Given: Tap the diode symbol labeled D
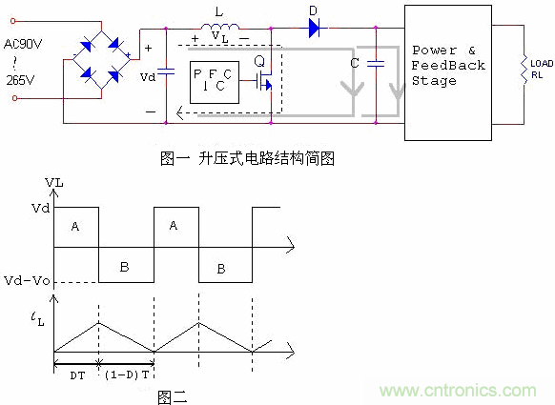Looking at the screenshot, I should (314, 29).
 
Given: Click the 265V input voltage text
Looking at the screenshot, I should (21, 81).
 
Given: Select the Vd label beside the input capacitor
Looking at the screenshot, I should (146, 75).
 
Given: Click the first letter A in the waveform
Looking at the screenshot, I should (75, 227).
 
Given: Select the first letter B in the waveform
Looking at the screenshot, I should (124, 268).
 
